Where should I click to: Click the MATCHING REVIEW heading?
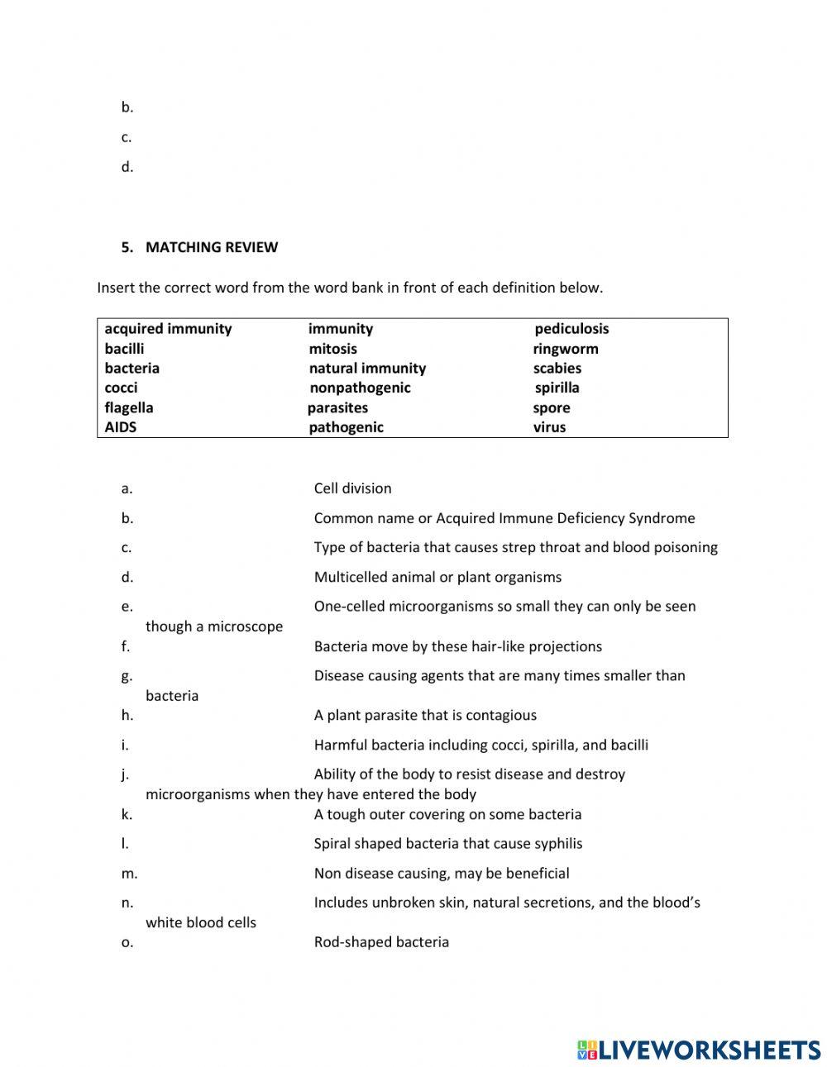[211, 247]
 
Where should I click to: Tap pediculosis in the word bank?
[571, 329]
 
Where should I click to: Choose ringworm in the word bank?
[565, 349]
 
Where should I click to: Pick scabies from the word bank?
[557, 369]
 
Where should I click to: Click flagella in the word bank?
[128, 407]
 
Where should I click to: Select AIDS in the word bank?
[121, 427]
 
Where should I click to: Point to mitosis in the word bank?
[332, 349]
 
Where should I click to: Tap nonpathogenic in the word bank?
[360, 388]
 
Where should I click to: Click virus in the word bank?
[549, 427]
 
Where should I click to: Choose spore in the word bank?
[551, 407]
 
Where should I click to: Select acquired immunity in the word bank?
[168, 329]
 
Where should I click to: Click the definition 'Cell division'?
[352, 488]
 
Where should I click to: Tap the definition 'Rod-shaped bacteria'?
[381, 942]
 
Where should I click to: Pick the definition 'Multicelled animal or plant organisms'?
[437, 577]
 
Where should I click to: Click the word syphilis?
[554, 844]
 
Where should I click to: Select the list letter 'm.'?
[129, 874]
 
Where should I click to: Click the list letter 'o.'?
[127, 942]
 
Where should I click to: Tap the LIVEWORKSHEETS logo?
[699, 1050]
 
